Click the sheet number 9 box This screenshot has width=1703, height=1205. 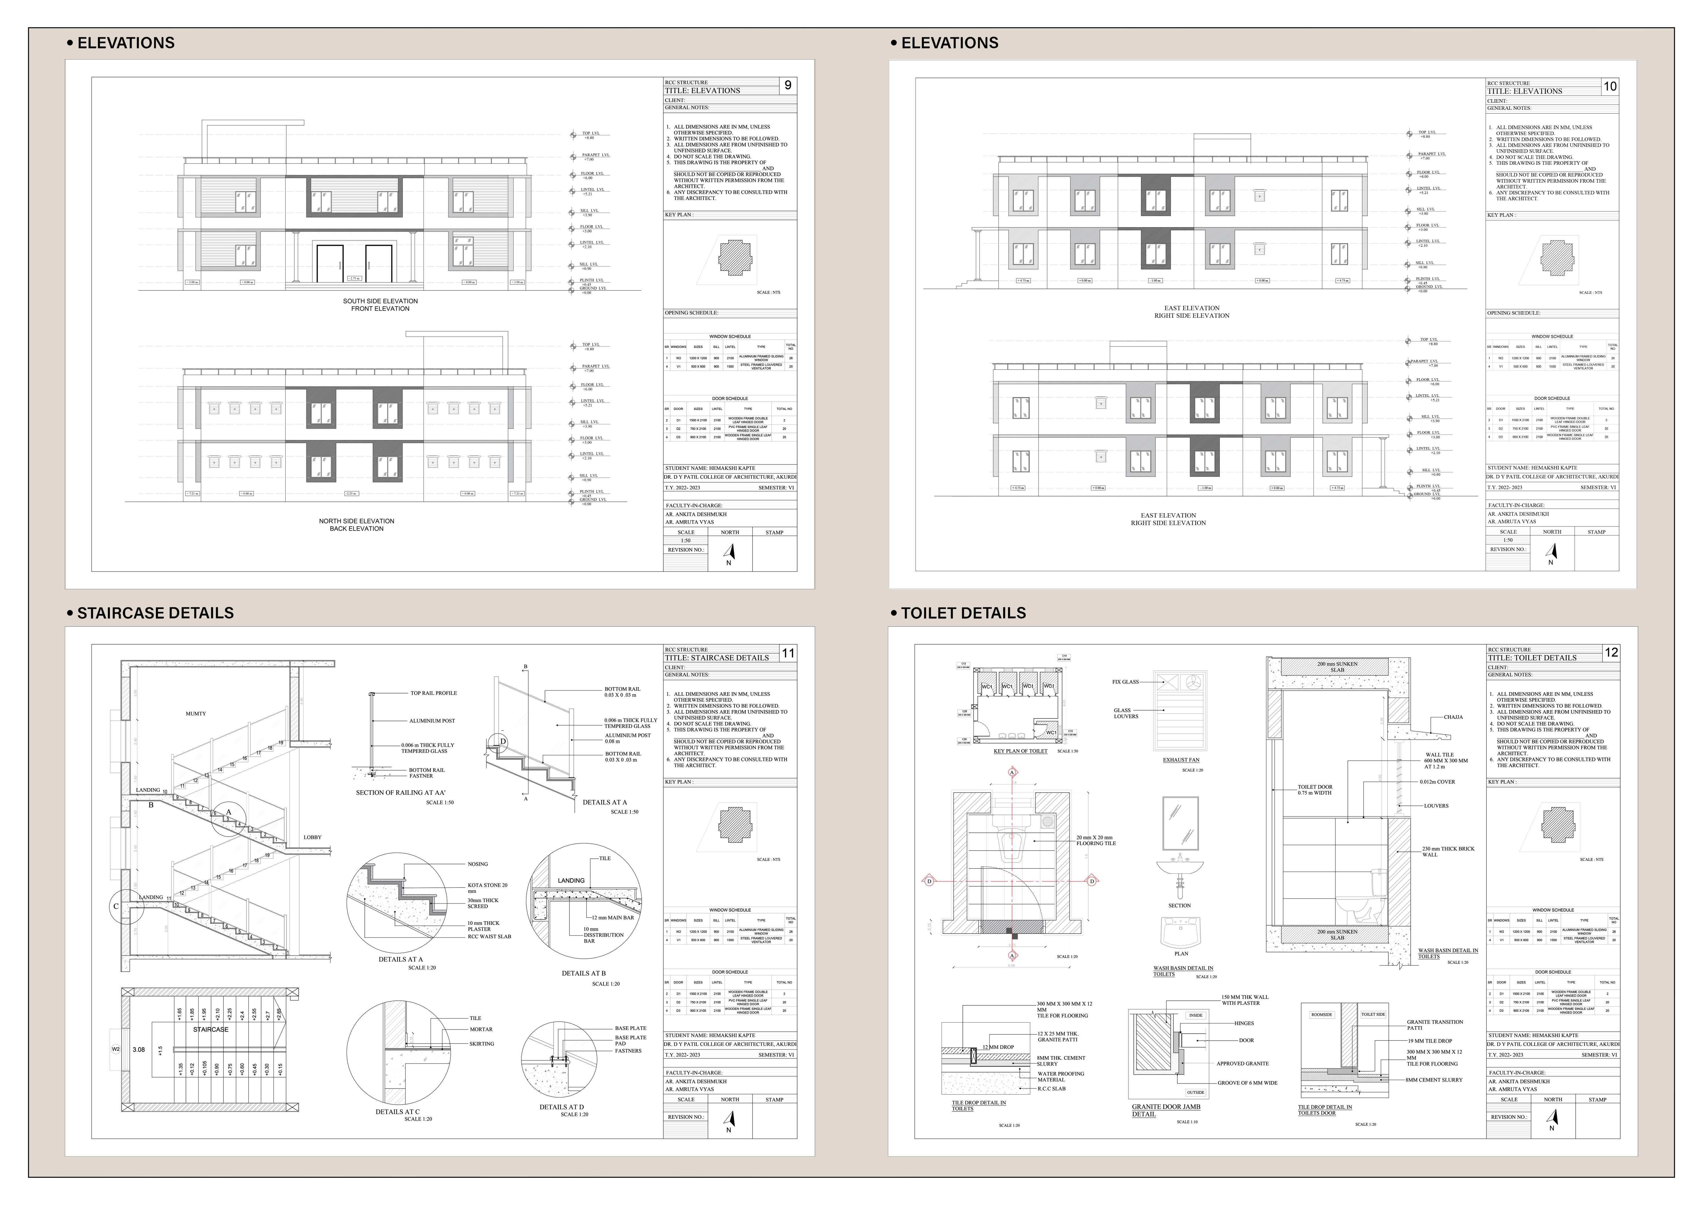(788, 85)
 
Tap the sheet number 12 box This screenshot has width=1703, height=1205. (1611, 652)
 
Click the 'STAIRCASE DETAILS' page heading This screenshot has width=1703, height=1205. (155, 613)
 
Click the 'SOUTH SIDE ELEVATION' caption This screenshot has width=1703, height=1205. (380, 301)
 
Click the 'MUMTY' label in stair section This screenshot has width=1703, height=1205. (196, 714)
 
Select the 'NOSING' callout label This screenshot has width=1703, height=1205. (478, 864)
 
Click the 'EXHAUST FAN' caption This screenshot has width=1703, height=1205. (1181, 760)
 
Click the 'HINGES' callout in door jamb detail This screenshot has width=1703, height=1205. (1244, 1023)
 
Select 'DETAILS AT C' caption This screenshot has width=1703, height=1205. (397, 1111)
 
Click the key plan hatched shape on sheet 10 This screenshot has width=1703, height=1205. (1556, 257)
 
